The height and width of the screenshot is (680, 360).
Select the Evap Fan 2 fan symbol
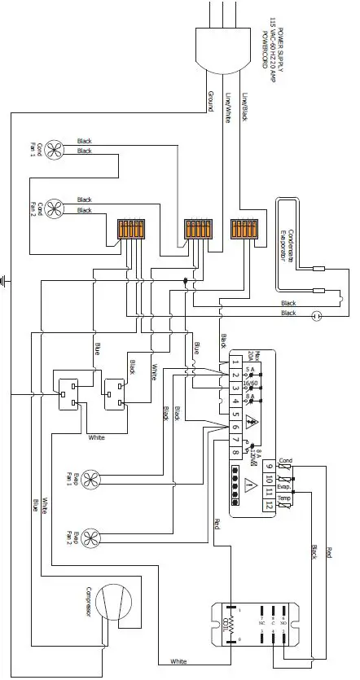tap(94, 536)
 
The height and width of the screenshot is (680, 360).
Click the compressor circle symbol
tap(113, 603)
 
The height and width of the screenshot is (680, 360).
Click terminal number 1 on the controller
tap(235, 361)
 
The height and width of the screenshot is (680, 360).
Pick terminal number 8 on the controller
tap(235, 452)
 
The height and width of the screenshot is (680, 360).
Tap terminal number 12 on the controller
tap(268, 506)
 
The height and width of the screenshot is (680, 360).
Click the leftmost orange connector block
tap(130, 230)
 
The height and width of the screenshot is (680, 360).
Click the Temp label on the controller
tap(283, 498)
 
